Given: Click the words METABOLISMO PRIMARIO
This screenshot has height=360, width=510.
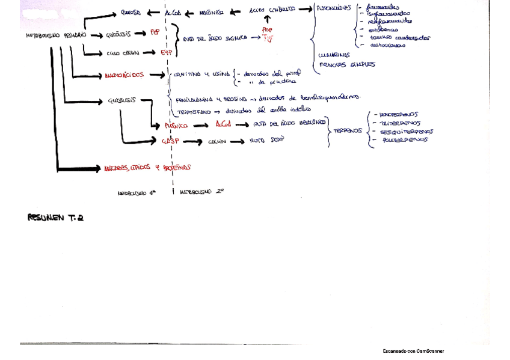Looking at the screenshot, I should pos(56,35).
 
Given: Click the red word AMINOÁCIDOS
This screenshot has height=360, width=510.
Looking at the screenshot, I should pos(124,76).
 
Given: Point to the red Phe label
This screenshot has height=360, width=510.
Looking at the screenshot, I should pos(267,29).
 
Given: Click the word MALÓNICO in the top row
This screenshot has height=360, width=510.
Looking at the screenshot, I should pos(211,12).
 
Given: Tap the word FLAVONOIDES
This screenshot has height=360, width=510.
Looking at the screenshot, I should pos(334,9).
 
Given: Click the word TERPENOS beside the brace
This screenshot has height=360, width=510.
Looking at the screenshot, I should pos(348,129).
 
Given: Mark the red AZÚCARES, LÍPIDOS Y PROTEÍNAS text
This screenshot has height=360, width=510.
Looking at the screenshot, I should pos(147,168).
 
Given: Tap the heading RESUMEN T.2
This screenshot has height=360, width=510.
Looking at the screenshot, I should pos(56,217).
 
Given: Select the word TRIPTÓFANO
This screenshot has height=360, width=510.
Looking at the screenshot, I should pos(192,111).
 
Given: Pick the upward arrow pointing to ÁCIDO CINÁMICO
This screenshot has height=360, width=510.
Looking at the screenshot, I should pos(267,20).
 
